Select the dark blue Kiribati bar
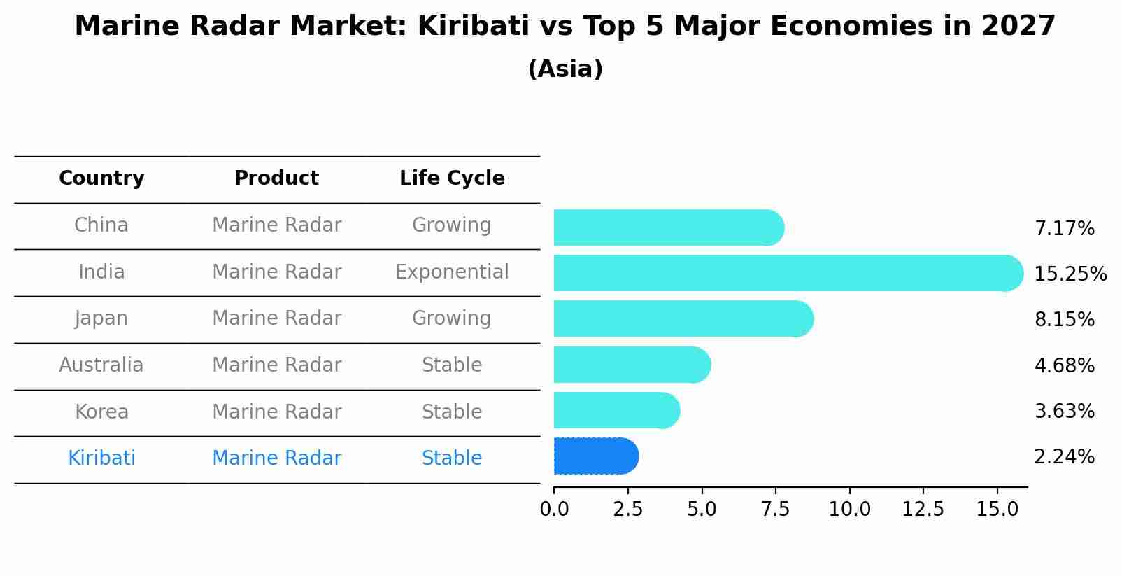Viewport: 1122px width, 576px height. pos(595,456)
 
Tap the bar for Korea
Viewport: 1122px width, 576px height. pos(616,410)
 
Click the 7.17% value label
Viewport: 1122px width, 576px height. pos(1064,229)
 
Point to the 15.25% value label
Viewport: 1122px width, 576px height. pos(1070,274)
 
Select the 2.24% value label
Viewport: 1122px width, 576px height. pos(1064,457)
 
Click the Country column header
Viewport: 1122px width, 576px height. pos(101,178)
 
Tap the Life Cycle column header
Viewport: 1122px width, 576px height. pos(452,178)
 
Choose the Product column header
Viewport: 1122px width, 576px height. pos(276,178)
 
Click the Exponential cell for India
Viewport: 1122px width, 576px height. pos(452,272)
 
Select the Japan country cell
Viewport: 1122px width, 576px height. pos(101,318)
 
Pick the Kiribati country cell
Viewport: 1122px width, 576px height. pos(101,458)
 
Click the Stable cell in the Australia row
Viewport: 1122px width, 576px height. pos(452,365)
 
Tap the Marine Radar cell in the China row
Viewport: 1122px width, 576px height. pos(276,225)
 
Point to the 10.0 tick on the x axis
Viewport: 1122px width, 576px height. pos(849,510)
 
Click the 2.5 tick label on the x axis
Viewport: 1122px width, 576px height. pos(627,510)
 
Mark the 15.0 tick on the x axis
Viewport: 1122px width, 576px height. pos(997,510)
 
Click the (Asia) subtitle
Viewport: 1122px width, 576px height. pos(565,69)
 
